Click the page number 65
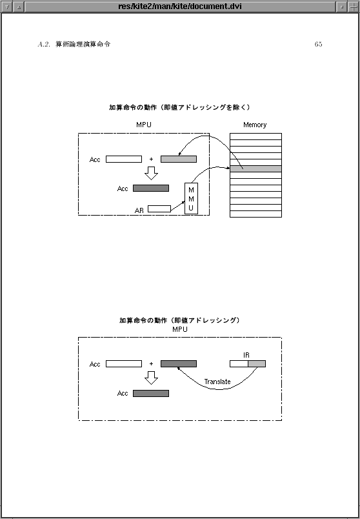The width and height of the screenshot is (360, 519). tap(318, 45)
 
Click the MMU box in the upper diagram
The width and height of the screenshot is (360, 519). tap(191, 198)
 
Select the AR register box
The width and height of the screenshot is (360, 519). tap(159, 209)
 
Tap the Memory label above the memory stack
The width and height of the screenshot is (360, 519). tap(255, 125)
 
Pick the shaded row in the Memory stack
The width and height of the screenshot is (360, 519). tap(255, 169)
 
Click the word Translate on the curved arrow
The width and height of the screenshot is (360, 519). tap(217, 382)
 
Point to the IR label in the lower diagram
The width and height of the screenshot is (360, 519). tap(246, 355)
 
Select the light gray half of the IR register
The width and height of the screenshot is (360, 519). tap(257, 364)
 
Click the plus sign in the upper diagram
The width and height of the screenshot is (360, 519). tap(151, 159)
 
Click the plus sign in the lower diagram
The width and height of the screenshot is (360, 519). tap(151, 364)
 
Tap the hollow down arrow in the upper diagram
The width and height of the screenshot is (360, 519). tap(151, 173)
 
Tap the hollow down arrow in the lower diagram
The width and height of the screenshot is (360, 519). tap(151, 378)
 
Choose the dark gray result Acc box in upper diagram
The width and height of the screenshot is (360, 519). tap(151, 188)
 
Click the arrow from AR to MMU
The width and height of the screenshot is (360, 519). tap(177, 206)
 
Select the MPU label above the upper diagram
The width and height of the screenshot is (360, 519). tap(144, 125)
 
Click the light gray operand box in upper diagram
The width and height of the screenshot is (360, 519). tap(179, 159)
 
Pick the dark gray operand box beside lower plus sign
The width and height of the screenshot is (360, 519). tap(179, 364)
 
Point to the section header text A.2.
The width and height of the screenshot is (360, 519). tap(44, 45)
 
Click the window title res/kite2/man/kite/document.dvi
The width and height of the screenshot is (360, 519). tap(180, 6)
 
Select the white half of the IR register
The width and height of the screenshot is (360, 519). tap(239, 364)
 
